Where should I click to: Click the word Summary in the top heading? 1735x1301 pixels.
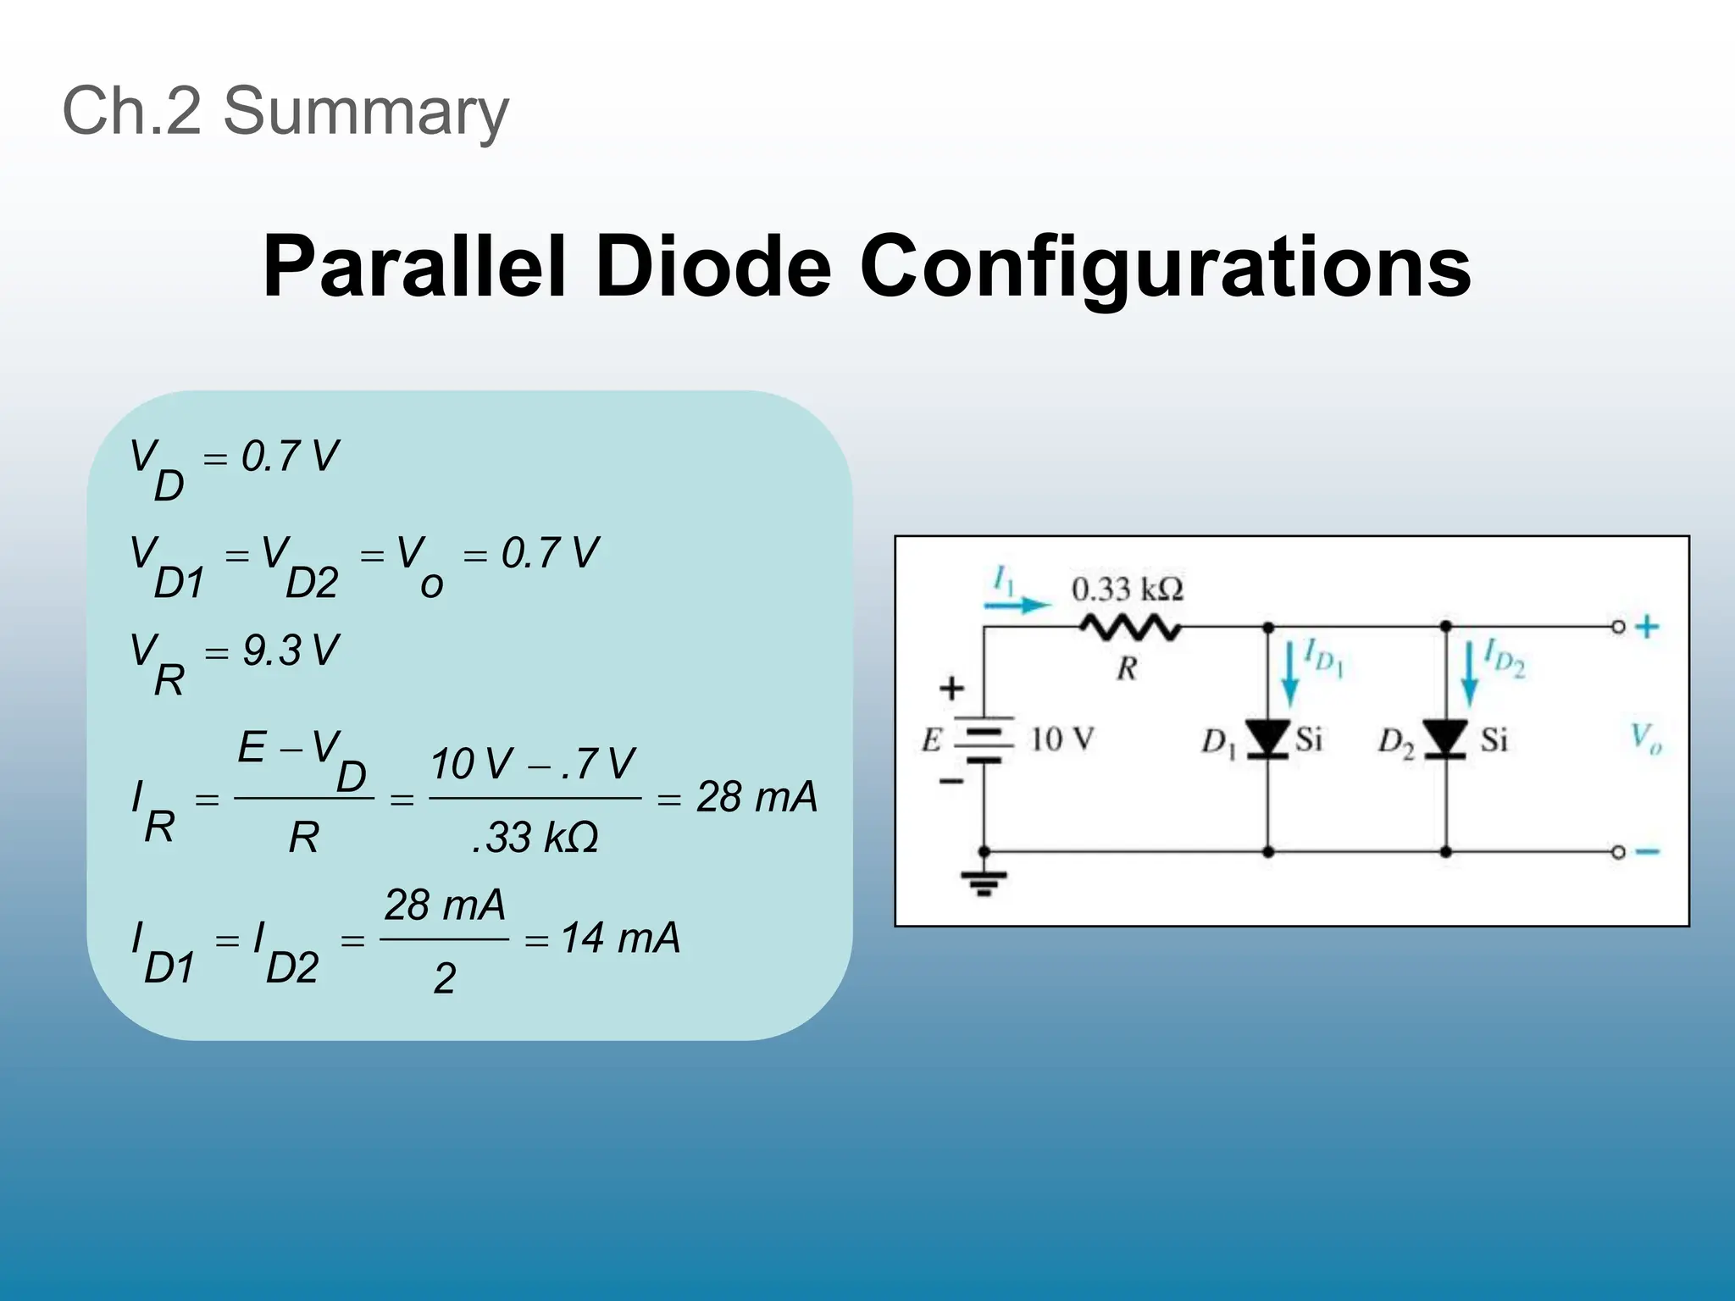coord(365,111)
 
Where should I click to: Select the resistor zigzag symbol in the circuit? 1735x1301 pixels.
coord(1129,628)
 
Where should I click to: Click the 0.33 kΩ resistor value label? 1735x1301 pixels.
coord(1127,589)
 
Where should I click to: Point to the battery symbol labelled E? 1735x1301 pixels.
coord(984,740)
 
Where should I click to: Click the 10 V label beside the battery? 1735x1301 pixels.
coord(1062,739)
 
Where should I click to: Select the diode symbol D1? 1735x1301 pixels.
coord(1268,739)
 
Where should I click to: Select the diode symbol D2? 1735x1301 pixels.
coord(1445,739)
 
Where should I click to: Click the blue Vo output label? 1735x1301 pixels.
coord(1646,738)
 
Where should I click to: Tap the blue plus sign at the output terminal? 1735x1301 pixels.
coord(1647,628)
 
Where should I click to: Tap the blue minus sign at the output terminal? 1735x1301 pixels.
coord(1647,852)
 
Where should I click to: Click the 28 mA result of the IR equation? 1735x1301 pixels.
coord(757,797)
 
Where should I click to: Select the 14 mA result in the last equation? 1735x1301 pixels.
coord(620,938)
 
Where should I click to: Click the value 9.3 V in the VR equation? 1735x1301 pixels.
coord(290,651)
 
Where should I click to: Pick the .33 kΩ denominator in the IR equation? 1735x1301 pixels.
coord(535,838)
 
